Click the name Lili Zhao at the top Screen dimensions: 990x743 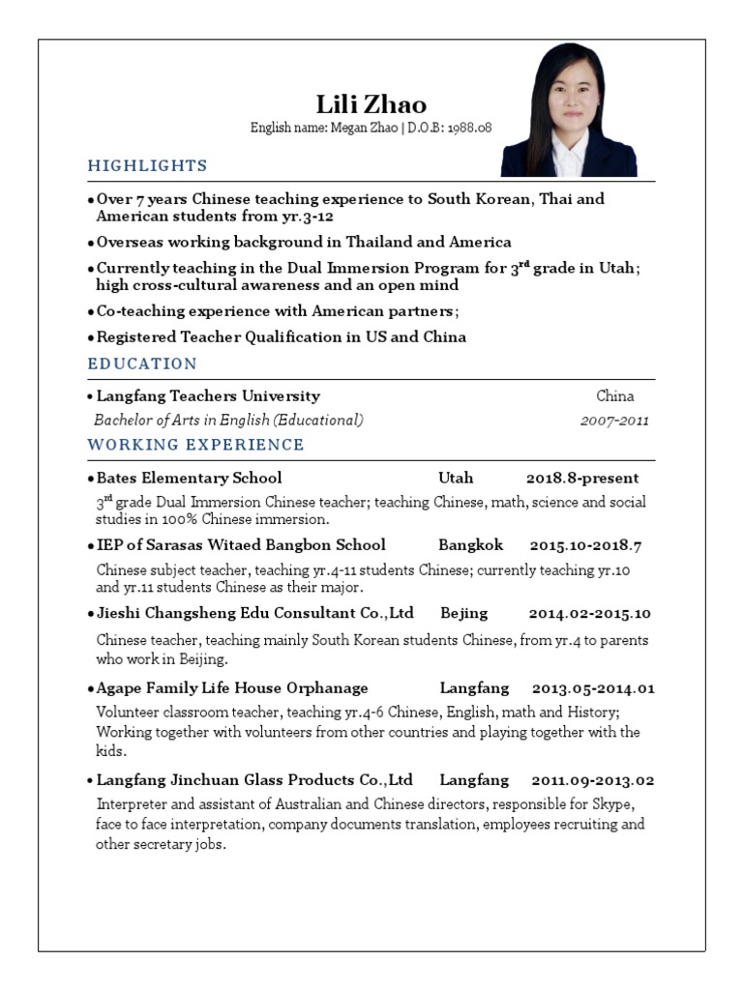(371, 104)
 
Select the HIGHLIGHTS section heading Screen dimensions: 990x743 (147, 165)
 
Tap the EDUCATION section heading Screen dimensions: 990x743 (142, 364)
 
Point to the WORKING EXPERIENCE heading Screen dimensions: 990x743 (195, 445)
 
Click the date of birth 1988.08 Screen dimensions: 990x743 (468, 128)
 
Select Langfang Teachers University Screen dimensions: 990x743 (208, 395)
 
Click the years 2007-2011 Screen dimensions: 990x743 (614, 421)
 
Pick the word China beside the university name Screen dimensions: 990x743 (615, 395)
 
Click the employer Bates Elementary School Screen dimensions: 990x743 (189, 478)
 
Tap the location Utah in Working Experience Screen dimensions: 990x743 (456, 478)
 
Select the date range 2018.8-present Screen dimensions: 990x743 (582, 478)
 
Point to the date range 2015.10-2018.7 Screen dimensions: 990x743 (585, 545)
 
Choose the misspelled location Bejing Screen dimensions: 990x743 (464, 613)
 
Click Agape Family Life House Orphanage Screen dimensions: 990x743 (232, 688)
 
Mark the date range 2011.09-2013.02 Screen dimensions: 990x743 (593, 780)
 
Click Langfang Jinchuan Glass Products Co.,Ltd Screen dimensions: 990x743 (254, 780)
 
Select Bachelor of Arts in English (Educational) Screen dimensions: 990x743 (228, 421)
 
